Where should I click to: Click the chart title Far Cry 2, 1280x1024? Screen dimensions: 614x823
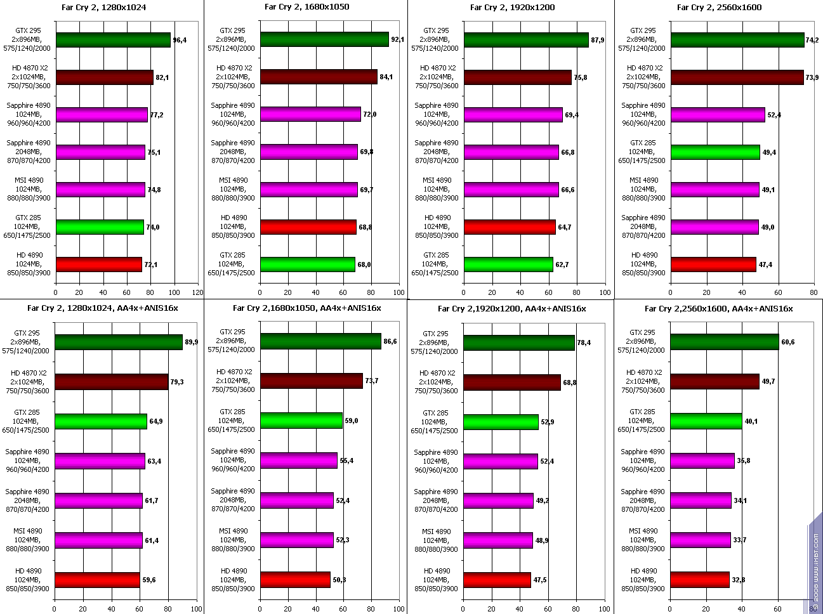pos(102,8)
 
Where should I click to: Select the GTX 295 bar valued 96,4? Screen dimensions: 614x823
pos(113,40)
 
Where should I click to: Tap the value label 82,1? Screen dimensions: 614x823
pos(162,77)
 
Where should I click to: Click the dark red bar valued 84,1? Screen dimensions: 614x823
pos(319,77)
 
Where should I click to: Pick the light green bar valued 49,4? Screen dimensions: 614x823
pos(715,152)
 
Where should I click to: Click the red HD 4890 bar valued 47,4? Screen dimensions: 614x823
pos(713,264)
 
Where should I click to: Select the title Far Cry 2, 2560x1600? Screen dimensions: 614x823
pos(719,8)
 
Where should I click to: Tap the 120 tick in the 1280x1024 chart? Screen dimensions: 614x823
pos(197,292)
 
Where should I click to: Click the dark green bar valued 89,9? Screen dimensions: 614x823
pos(119,342)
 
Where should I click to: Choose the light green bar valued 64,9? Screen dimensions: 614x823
pos(101,421)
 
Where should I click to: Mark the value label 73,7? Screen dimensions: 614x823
pos(373,381)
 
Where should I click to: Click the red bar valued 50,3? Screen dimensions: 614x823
pos(295,580)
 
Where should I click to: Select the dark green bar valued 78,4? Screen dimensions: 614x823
pos(519,343)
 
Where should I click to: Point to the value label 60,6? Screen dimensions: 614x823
pos(787,342)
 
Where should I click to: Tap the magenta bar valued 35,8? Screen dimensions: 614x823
pos(702,461)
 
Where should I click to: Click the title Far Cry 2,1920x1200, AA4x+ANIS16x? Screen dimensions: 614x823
pos(511,309)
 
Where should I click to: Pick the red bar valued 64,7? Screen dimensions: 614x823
pos(510,226)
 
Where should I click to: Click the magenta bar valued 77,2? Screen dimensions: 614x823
pos(102,115)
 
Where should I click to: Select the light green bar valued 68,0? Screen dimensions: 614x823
pos(307,264)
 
